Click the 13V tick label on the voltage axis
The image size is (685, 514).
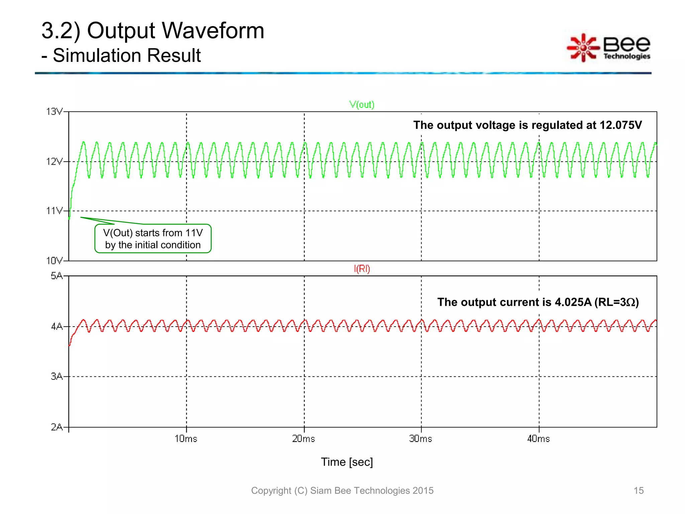pos(55,111)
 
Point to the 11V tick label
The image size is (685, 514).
pos(55,211)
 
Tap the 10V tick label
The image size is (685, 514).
pos(55,261)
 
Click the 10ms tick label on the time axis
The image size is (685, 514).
pos(186,439)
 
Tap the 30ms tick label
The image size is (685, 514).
pos(421,439)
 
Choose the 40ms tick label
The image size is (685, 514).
pos(539,439)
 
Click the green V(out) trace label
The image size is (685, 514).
pos(362,105)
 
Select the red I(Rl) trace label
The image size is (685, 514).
pos(362,269)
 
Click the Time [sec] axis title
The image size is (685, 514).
pos(347,462)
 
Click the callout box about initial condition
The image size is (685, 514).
pos(153,239)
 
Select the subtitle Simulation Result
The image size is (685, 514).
pos(127,56)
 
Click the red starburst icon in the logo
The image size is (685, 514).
pos(583,48)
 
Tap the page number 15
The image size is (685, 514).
pos(639,491)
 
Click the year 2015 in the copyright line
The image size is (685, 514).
pos(423,491)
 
